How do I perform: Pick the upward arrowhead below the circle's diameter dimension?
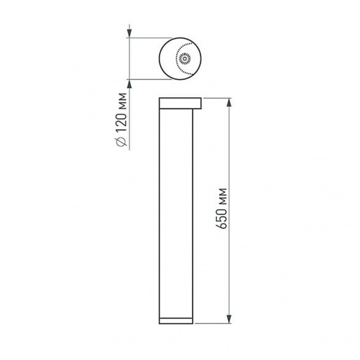[130, 83]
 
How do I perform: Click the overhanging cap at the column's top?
[180, 101]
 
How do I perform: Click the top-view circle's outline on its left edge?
[159, 59]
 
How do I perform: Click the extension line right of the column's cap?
[217, 97]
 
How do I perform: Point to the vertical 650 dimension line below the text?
[229, 275]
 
